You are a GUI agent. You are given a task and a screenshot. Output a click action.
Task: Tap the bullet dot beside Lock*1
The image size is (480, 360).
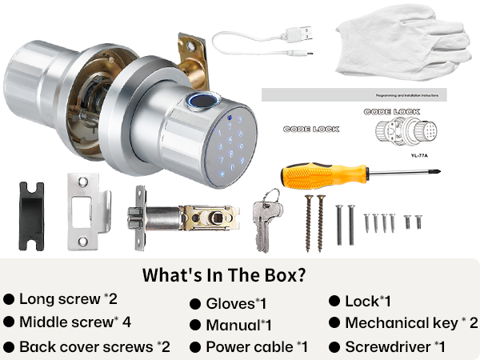click(334, 302)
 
